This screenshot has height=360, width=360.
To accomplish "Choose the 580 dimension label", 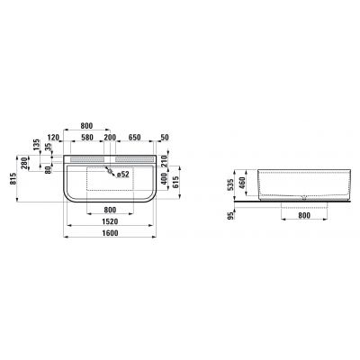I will pyautogui.click(x=87, y=138).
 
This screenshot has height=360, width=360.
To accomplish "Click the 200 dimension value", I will pyautogui.click(x=109, y=138).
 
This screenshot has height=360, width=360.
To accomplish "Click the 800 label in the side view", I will pyautogui.click(x=296, y=216).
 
